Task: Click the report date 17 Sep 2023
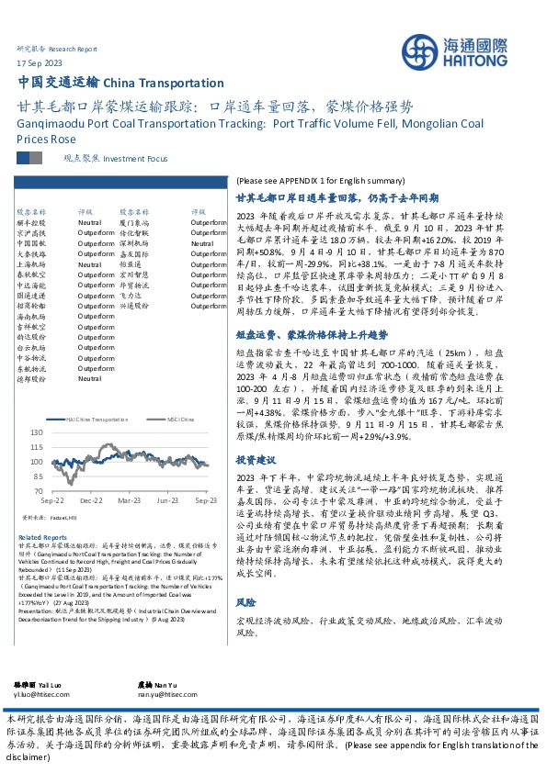coord(40,62)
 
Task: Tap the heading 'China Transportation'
coord(171,83)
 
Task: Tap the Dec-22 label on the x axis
coord(90,501)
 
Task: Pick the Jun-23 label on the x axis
coord(167,501)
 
